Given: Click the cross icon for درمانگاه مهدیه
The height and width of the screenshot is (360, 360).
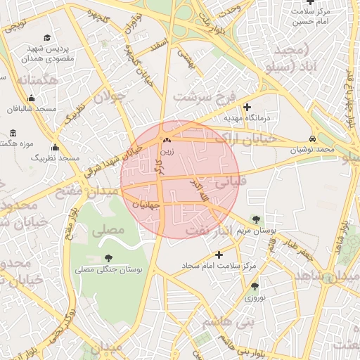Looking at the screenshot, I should click(x=247, y=107).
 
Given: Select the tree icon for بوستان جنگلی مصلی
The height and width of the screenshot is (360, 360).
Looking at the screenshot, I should click(x=108, y=259).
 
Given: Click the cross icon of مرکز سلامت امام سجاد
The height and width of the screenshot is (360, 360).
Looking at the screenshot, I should click(x=219, y=255).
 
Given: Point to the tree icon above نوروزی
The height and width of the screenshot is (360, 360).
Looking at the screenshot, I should click(x=255, y=286).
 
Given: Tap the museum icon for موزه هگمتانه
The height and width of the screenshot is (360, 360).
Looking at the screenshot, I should click(x=13, y=133).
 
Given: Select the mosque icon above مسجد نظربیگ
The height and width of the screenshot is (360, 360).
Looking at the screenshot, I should click(x=55, y=148).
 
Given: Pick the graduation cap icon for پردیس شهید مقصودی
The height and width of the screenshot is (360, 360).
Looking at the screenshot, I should click(x=47, y=38).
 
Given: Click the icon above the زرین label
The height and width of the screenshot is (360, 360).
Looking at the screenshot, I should click(x=167, y=141).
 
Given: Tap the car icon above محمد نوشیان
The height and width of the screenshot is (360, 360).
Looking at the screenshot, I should click(x=312, y=139).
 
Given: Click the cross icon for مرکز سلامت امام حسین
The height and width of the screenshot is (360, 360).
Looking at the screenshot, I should click(x=291, y=2).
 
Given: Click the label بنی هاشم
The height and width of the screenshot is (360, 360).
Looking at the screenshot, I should click(x=228, y=323).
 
